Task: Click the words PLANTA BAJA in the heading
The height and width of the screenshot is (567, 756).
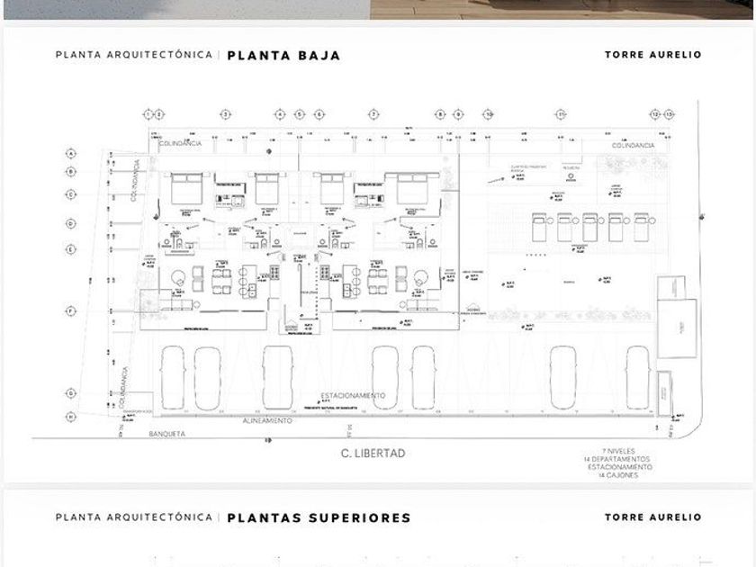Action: (x=283, y=55)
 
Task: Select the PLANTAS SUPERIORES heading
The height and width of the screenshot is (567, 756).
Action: (x=319, y=517)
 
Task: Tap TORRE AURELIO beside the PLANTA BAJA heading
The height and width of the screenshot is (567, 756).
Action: (x=652, y=55)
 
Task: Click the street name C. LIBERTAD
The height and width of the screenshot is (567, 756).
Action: (x=373, y=454)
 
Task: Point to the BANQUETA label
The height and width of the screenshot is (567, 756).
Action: (x=166, y=434)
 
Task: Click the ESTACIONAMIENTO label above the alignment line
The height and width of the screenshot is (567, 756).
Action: (x=354, y=396)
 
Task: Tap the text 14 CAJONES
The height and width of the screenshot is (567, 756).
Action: (x=620, y=475)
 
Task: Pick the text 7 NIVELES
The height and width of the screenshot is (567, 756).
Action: (x=630, y=452)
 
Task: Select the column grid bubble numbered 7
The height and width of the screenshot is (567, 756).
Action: (x=373, y=114)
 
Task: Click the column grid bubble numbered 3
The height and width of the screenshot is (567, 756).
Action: (x=226, y=114)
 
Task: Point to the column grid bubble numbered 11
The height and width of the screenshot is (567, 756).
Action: (x=561, y=114)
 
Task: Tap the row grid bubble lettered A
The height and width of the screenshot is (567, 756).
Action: (x=70, y=154)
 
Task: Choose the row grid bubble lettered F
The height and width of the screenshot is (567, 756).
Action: (x=70, y=310)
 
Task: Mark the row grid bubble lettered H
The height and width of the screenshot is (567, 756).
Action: (x=70, y=417)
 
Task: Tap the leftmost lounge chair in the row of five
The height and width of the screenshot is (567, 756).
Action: (x=540, y=227)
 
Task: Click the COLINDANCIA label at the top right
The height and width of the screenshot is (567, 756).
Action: (x=633, y=145)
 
